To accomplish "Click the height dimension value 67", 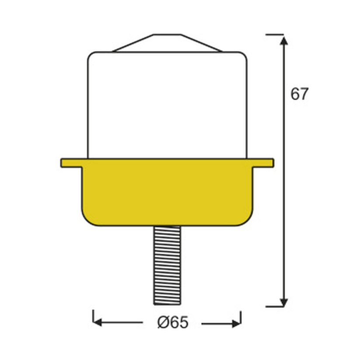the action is (299, 94).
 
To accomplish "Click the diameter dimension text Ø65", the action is (173, 322).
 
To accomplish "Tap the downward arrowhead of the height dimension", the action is (284, 302).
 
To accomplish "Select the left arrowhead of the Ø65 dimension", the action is (98, 322).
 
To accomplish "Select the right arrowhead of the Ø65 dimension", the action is (236, 324).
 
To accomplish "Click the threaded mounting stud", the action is (167, 265).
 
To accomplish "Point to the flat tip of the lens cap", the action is (167, 35).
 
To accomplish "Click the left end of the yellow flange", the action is (62, 163).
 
